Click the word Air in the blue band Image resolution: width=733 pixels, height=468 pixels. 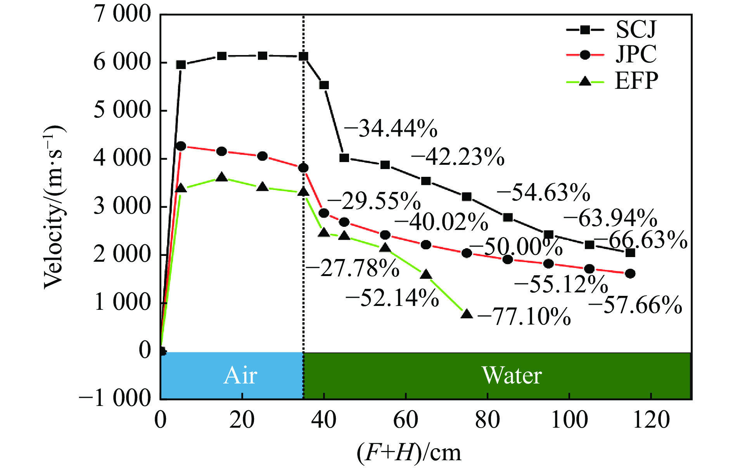[x=240, y=375]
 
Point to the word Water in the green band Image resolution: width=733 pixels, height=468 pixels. [x=512, y=375]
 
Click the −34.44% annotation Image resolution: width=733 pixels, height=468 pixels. [x=390, y=128]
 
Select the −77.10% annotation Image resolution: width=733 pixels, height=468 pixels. [x=524, y=316]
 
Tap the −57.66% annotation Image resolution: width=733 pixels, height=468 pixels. [x=635, y=305]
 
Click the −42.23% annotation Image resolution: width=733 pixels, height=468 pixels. [x=458, y=157]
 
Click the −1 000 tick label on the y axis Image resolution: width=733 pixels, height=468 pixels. [x=115, y=398]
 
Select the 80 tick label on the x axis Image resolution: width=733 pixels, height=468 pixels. [x=487, y=420]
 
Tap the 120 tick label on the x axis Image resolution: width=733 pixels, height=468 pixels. [x=651, y=420]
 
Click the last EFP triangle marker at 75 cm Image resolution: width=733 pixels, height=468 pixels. [x=467, y=314]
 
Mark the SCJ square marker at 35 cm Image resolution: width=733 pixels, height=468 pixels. [x=303, y=57]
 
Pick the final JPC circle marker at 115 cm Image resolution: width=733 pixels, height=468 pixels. [x=630, y=273]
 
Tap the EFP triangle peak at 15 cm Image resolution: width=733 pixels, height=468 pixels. [x=222, y=177]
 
